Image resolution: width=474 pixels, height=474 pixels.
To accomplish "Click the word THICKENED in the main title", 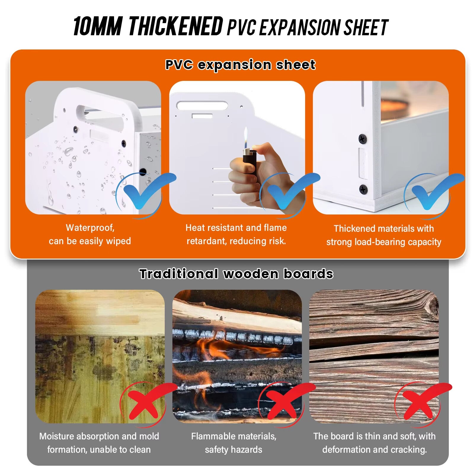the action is (x=176, y=26).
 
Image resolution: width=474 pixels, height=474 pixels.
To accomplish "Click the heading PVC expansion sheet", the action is (x=240, y=65).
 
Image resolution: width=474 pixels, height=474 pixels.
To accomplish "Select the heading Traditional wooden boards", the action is (x=236, y=274).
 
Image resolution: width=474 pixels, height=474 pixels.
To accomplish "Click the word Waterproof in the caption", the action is (x=90, y=228).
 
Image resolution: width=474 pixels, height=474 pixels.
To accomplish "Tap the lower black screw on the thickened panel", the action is (x=363, y=189).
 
